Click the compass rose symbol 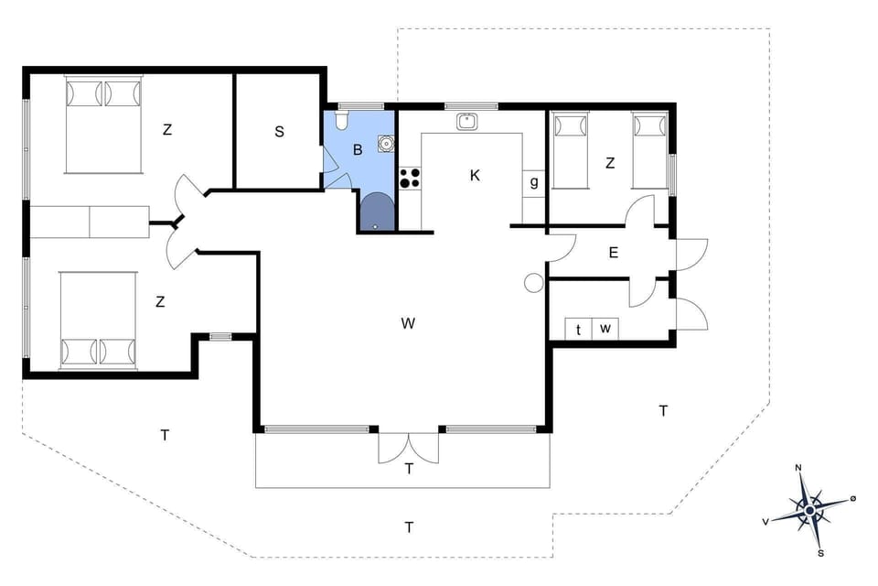pos(809,509)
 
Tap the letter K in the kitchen pos(475,175)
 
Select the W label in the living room pos(408,322)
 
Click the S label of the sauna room pos(279,132)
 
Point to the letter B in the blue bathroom pos(359,149)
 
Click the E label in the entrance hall pos(613,253)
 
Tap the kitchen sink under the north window pos(467,120)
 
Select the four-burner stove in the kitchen pos(410,178)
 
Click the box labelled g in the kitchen pos(534,182)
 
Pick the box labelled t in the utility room pos(579,329)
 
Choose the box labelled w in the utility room pos(605,329)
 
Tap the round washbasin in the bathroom pos(387,143)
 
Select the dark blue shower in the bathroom pos(376,212)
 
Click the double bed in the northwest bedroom pos(104,125)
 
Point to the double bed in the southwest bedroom pos(99,320)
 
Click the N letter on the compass pos(798,468)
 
